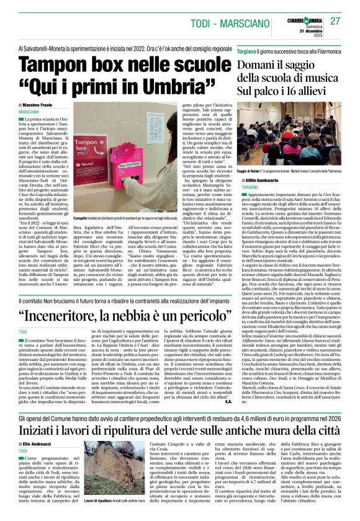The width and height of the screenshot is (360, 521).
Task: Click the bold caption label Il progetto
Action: pos(81,218)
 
